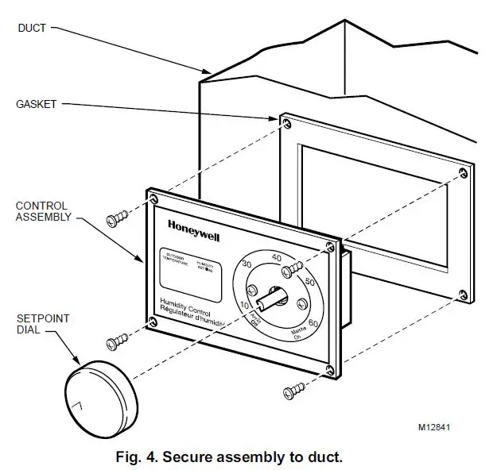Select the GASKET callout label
click(x=36, y=104)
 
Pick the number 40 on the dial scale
click(x=278, y=256)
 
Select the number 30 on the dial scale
click(x=246, y=264)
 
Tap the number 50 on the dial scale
click(x=309, y=282)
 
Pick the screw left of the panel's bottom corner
click(x=116, y=342)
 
